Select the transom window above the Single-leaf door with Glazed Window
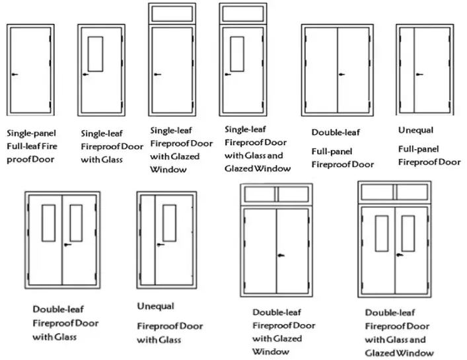point(168,13)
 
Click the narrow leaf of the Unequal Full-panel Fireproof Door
point(408,68)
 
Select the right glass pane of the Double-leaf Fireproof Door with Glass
point(76,222)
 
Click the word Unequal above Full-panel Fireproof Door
point(415,130)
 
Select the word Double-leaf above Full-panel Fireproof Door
point(336,133)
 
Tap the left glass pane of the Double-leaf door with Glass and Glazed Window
point(380,233)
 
